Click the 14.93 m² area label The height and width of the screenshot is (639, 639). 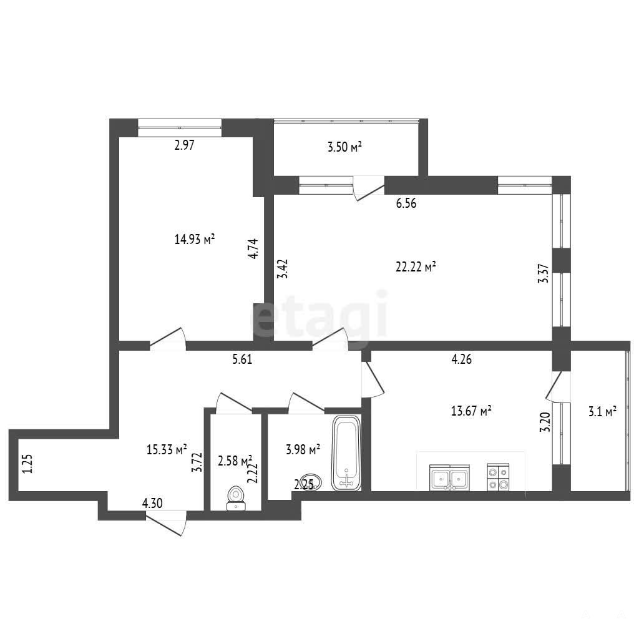195,239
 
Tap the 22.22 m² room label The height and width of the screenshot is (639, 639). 416,267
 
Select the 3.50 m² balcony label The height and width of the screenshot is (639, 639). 344,147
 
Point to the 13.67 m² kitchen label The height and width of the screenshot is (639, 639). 471,411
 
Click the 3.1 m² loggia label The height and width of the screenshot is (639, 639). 602,412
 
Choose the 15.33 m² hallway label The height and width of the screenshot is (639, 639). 167,449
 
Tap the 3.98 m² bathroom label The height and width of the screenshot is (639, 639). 303,449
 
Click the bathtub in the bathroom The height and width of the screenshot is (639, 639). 346,453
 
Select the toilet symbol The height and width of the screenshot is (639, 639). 235,498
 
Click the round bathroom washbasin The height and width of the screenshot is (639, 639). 311,482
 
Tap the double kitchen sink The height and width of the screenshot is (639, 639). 449,477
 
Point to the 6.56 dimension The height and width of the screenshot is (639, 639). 406,203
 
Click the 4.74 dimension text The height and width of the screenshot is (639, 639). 253,248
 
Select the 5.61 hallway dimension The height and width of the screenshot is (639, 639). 242,359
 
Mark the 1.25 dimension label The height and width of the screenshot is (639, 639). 27,464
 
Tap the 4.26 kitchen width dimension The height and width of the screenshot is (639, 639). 462,359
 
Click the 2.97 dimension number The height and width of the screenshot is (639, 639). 184,145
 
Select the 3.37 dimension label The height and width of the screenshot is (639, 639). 544,274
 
